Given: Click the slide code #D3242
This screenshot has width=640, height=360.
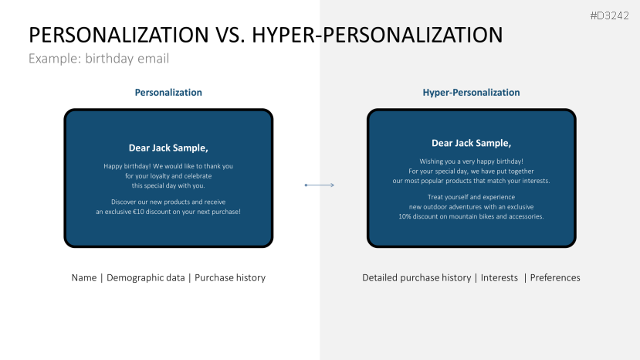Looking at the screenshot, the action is coord(609,15).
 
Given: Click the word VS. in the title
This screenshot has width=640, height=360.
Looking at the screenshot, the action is coord(230,35).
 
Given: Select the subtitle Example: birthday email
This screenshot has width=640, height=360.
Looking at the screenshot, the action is coord(99,59).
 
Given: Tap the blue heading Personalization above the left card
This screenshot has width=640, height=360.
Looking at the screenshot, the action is coord(168,93).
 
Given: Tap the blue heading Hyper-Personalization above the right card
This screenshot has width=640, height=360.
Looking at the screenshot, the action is coord(471,93).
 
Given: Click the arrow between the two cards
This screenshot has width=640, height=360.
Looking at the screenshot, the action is coord(319,185).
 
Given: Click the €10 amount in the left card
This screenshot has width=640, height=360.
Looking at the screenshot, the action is coord(138,212).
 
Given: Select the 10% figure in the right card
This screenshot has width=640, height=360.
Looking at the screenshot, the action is coord(405,216).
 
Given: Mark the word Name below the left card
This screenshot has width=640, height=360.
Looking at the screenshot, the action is coord(84,278).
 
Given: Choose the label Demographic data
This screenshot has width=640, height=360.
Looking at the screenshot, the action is coord(146,278).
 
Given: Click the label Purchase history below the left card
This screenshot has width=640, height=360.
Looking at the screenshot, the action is coord(230,278).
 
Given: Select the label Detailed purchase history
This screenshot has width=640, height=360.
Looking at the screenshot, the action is coord(416,278).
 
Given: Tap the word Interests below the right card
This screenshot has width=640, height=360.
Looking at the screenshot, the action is coord(499,278).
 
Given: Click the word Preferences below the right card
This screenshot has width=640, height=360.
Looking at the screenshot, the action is coord(555,278).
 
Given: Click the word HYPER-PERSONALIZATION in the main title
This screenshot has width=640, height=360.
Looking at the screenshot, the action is coord(378,35).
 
